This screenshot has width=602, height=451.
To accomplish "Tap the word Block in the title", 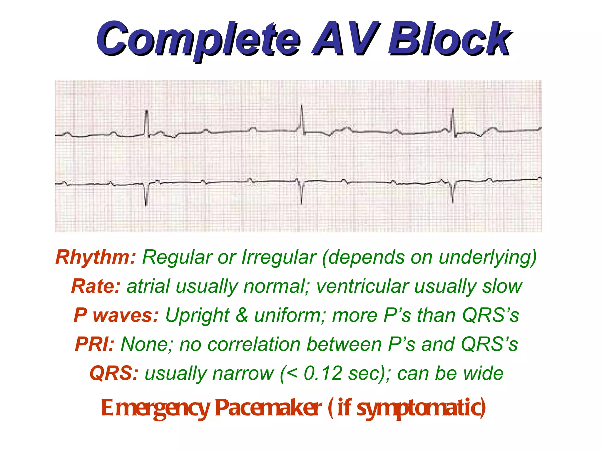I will pos(450,40).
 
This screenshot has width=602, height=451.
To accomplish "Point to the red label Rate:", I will pos(96,286).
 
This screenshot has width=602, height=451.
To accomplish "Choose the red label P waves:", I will pos(116,315).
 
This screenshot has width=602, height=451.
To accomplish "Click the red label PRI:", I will pos(94,344).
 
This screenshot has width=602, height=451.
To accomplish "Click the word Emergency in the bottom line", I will pos(155,408).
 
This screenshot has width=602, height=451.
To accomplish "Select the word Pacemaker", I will pos(268,408).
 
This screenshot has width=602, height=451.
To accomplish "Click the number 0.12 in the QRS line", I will pos(323,373).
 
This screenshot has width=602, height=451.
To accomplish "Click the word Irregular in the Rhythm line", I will pos(279,258).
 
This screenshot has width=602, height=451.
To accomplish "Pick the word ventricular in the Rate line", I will pos(362,286).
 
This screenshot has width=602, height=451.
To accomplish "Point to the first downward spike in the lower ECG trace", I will pos(146,195).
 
